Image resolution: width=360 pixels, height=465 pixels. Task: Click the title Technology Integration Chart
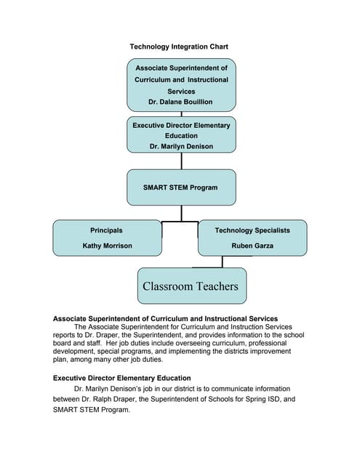click(x=179, y=46)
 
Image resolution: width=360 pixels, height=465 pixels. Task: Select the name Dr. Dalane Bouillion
click(x=181, y=102)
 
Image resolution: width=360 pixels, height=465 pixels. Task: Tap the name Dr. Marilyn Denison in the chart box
click(x=181, y=146)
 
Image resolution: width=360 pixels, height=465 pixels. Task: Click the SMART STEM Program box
click(x=181, y=187)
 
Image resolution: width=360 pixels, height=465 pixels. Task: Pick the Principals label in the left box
click(x=106, y=230)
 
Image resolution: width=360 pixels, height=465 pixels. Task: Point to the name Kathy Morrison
click(x=107, y=246)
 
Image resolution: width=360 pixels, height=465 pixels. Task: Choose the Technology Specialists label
click(x=252, y=230)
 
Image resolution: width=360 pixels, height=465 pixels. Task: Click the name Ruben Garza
click(x=252, y=246)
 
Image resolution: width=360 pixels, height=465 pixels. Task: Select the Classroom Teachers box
click(x=191, y=286)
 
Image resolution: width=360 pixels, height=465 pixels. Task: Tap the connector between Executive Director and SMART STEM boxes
click(x=181, y=161)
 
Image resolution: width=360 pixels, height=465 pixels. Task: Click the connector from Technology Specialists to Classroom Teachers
click(x=223, y=262)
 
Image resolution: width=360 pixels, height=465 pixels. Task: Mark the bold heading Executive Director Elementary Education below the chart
click(x=122, y=378)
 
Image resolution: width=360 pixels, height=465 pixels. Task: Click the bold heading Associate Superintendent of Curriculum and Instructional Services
click(x=166, y=318)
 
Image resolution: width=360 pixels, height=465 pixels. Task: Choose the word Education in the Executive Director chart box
click(x=181, y=135)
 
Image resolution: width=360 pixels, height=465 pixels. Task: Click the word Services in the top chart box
click(x=181, y=92)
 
